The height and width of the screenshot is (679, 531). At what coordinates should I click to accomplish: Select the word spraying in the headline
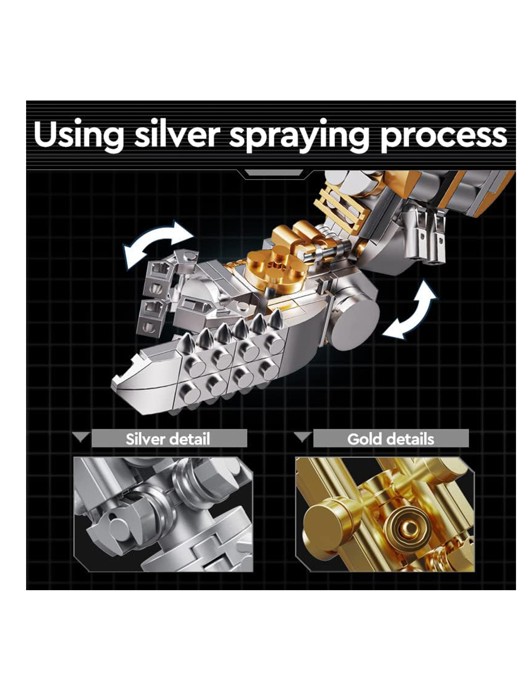pyautogui.click(x=298, y=136)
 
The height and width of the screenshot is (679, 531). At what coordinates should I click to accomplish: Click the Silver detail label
pyautogui.click(x=168, y=439)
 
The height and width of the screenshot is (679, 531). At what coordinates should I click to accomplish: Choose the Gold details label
pyautogui.click(x=391, y=439)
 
